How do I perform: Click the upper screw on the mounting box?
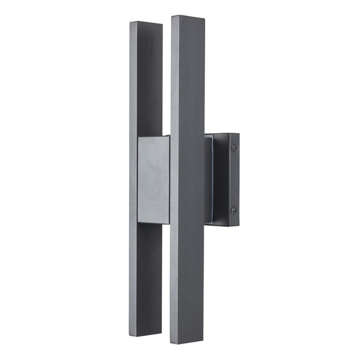pos(235,148)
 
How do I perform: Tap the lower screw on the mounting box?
pos(234,211)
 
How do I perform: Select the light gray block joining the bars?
pos(153,180)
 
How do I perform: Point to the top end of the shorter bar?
pos(146,23)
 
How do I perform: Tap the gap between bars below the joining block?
pos(166,273)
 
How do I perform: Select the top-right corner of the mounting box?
pos(239,134)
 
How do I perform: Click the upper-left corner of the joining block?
pos(137,138)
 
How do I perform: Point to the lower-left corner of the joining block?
pos(137,222)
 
